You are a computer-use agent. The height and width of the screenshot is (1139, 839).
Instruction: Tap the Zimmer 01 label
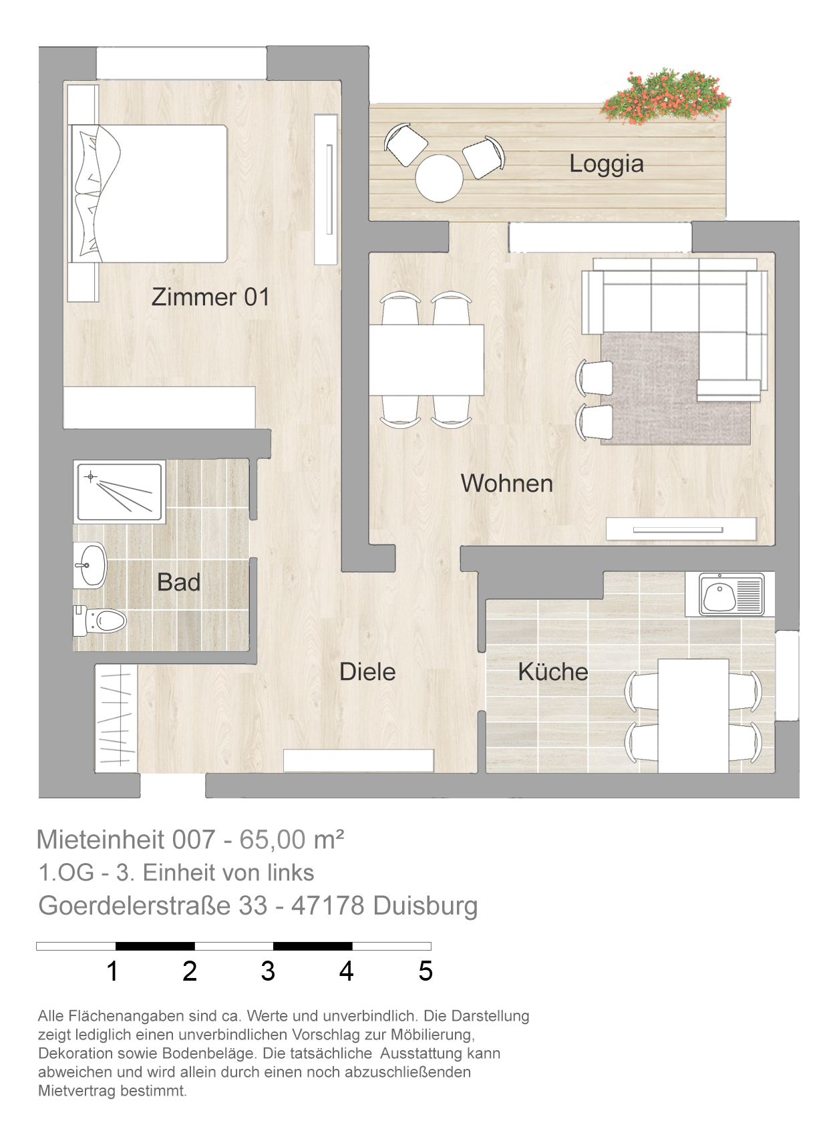click(x=210, y=297)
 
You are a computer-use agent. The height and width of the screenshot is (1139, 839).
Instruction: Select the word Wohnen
click(x=507, y=483)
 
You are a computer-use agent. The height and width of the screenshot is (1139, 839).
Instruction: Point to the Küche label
click(x=553, y=671)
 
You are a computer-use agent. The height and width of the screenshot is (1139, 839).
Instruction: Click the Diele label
click(x=367, y=671)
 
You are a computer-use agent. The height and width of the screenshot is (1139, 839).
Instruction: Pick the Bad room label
click(x=178, y=583)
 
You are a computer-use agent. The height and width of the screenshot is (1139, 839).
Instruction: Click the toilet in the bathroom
click(x=100, y=621)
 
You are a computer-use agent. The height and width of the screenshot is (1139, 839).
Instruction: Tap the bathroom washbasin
click(x=90, y=565)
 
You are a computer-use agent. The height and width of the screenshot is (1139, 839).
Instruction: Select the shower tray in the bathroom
click(x=120, y=492)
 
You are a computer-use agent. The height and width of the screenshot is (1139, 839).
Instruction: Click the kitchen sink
click(x=731, y=594)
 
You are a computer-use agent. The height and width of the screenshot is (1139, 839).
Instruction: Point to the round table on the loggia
click(x=440, y=178)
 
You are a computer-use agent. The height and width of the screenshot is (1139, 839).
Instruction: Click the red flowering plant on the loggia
click(x=666, y=97)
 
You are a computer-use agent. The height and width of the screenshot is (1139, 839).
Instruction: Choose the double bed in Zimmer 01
click(x=148, y=193)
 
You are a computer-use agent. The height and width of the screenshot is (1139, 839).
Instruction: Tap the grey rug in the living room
click(x=675, y=389)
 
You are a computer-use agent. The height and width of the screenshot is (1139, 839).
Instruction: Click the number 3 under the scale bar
click(x=268, y=971)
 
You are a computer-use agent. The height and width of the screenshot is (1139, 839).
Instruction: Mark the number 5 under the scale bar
click(x=426, y=971)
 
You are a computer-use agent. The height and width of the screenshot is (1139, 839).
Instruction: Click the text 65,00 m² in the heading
click(x=292, y=840)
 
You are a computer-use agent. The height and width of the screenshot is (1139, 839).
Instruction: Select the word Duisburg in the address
click(x=426, y=906)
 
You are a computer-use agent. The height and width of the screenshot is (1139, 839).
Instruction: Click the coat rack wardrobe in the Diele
click(x=116, y=718)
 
